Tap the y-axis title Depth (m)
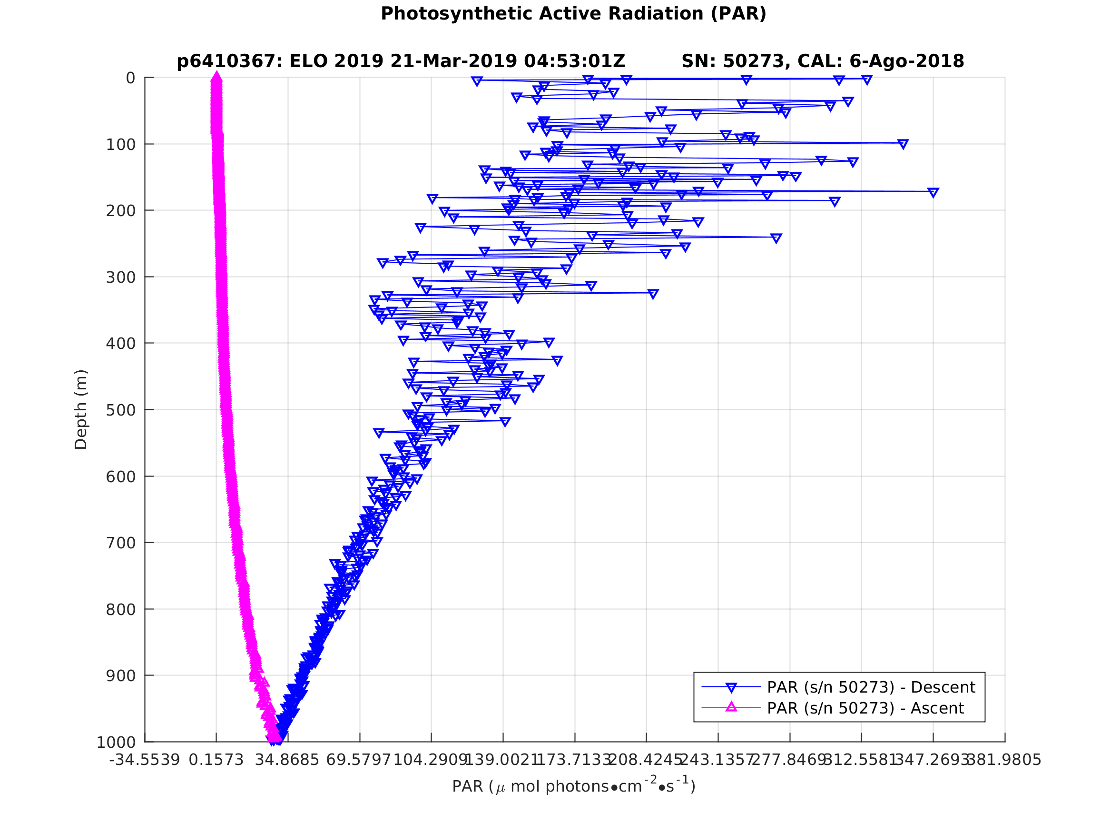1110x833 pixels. (81, 410)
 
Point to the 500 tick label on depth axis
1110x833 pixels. (120, 410)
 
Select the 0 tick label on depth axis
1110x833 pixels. (130, 79)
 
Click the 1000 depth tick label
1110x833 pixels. (116, 743)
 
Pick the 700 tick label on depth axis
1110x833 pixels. (120, 543)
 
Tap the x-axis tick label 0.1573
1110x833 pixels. (216, 760)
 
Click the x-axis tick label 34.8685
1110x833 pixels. (287, 760)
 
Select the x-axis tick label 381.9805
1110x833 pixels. (1003, 760)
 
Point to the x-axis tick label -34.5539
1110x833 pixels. (145, 760)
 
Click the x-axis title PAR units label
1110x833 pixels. (573, 786)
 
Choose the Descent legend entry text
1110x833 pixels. (871, 687)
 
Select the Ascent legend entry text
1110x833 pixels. (865, 708)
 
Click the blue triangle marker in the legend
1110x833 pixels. (731, 687)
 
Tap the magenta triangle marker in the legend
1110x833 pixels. (731, 707)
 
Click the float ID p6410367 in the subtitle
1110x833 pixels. (226, 62)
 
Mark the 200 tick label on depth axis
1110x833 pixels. (120, 211)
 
